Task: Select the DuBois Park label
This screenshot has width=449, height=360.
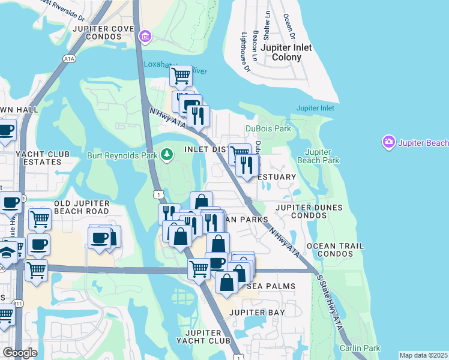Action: [268, 128]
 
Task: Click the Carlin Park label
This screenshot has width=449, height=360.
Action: [360, 348]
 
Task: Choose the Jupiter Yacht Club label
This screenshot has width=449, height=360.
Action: [208, 337]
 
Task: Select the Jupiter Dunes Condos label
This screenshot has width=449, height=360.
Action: [309, 212]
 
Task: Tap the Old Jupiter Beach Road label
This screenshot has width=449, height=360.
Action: [82, 207]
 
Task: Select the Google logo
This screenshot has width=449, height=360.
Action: [20, 352]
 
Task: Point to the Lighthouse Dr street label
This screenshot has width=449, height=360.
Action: [246, 53]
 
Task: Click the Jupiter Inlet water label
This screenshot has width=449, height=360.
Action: [315, 108]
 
